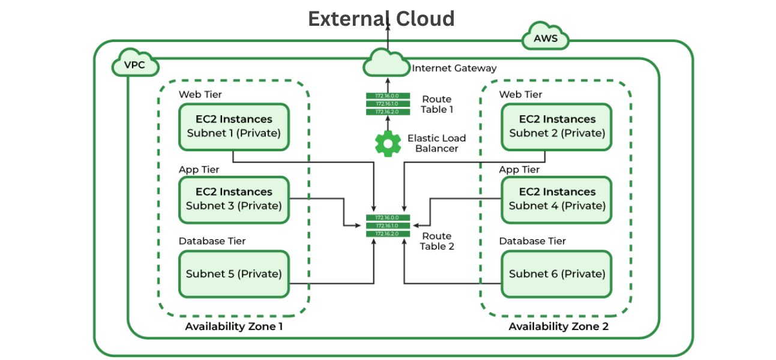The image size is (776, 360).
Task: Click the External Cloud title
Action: [381, 19]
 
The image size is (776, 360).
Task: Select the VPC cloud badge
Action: [135, 65]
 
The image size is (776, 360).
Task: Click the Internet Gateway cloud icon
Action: [387, 61]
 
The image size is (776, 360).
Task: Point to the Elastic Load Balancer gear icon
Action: [387, 143]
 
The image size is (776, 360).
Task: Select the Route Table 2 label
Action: [436, 241]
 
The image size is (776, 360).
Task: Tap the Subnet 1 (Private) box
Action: [234, 127]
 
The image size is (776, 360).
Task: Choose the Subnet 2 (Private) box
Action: [557, 127]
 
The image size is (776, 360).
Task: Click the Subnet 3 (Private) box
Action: [234, 199]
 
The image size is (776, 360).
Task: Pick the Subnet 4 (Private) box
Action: [557, 199]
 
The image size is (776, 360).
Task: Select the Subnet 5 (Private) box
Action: [234, 274]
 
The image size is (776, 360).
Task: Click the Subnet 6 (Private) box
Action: [557, 274]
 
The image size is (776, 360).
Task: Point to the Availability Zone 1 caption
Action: [233, 326]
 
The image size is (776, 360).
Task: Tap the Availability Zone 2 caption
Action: [558, 326]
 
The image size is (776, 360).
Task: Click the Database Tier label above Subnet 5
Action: [212, 241]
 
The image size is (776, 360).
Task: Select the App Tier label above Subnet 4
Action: [519, 169]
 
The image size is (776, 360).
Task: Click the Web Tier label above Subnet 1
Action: [200, 94]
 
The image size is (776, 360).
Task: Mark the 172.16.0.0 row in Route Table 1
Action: [387, 96]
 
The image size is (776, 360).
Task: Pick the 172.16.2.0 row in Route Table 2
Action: [387, 233]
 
